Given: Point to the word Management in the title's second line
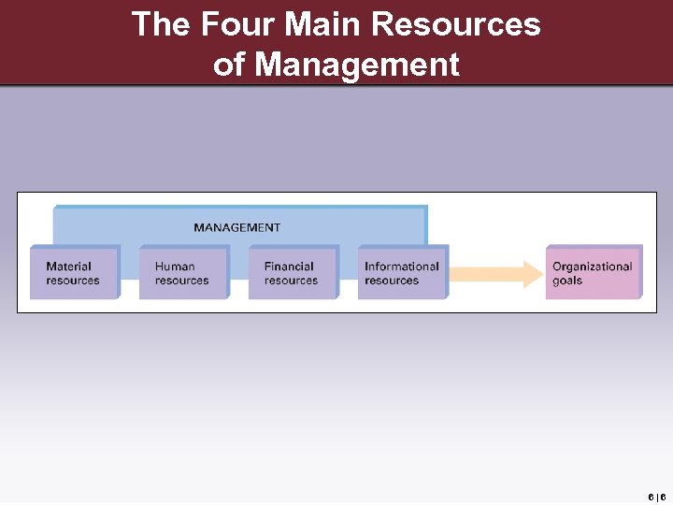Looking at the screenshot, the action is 357,65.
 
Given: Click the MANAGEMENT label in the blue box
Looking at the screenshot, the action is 236,227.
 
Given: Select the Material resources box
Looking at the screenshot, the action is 74,273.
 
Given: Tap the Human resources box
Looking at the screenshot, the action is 183,273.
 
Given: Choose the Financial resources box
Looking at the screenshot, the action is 292,273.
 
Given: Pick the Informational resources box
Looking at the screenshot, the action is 402,273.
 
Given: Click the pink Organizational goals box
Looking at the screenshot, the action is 594,273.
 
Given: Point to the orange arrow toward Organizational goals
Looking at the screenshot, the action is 495,273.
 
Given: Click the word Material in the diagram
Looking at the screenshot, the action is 69,267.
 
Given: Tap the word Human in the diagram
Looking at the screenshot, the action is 175,267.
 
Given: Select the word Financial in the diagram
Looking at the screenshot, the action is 289,267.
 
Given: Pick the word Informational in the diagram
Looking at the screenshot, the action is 402,267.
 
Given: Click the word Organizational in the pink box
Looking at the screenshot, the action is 593,267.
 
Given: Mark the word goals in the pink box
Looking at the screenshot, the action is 567,281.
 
